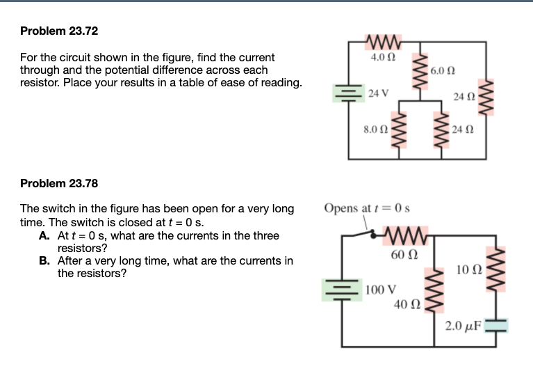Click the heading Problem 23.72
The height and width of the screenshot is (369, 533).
pos(59,31)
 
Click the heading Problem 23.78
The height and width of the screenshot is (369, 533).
pos(59,184)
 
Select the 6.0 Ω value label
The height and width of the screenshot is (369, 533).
pos(443,71)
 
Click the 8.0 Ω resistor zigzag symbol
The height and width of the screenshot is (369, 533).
pos(399,129)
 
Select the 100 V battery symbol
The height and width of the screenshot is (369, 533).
pos(343,290)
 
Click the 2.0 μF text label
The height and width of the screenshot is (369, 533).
pos(464,325)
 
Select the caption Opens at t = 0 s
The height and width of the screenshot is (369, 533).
pos(368,208)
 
